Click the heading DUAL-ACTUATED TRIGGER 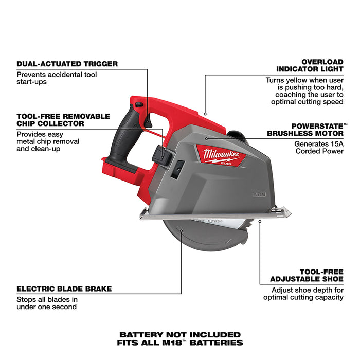(x=67, y=64)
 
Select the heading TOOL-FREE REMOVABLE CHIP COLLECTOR (x=63, y=120)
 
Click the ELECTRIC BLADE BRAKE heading (x=64, y=289)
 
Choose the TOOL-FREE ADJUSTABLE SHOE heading (x=307, y=275)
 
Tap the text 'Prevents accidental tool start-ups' (x=57, y=78)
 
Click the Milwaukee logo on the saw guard (x=220, y=153)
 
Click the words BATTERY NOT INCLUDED (x=180, y=335)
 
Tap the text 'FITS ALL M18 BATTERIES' (x=180, y=343)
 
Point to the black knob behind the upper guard (x=238, y=135)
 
